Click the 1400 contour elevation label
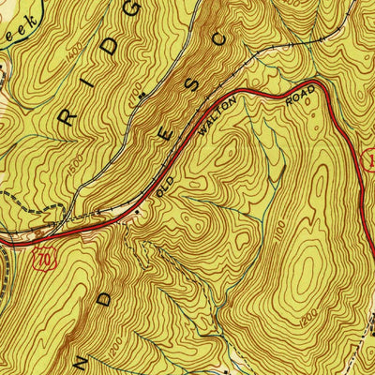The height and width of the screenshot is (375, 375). pyautogui.click(x=74, y=59)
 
